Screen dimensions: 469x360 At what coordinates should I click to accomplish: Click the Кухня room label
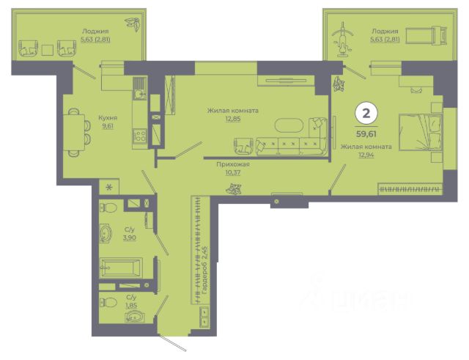108,117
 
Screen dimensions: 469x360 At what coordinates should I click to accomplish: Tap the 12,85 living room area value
233,119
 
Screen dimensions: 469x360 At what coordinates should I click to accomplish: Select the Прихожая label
233,164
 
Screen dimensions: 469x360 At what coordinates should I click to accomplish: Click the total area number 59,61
366,133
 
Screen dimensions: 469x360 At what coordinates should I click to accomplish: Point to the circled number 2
366,114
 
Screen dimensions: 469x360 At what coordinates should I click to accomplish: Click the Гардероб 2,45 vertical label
205,270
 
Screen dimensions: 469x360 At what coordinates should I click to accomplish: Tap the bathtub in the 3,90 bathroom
121,268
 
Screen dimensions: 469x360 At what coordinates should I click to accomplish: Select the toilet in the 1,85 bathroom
108,302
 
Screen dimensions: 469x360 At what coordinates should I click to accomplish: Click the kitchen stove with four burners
140,135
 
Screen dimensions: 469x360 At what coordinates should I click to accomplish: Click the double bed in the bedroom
421,132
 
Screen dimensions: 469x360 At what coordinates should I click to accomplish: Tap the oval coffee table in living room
289,125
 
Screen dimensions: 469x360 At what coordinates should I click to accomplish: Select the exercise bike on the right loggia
343,40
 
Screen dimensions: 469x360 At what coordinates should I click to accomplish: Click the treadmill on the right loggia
426,36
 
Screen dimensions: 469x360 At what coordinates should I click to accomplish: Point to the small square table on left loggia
47,50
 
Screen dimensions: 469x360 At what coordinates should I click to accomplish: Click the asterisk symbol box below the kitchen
109,188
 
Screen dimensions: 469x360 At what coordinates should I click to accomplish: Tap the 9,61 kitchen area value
108,126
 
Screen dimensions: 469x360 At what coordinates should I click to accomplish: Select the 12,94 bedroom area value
366,155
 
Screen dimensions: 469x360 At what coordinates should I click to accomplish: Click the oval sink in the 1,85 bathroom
134,316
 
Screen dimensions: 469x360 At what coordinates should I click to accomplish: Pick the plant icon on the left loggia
133,24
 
